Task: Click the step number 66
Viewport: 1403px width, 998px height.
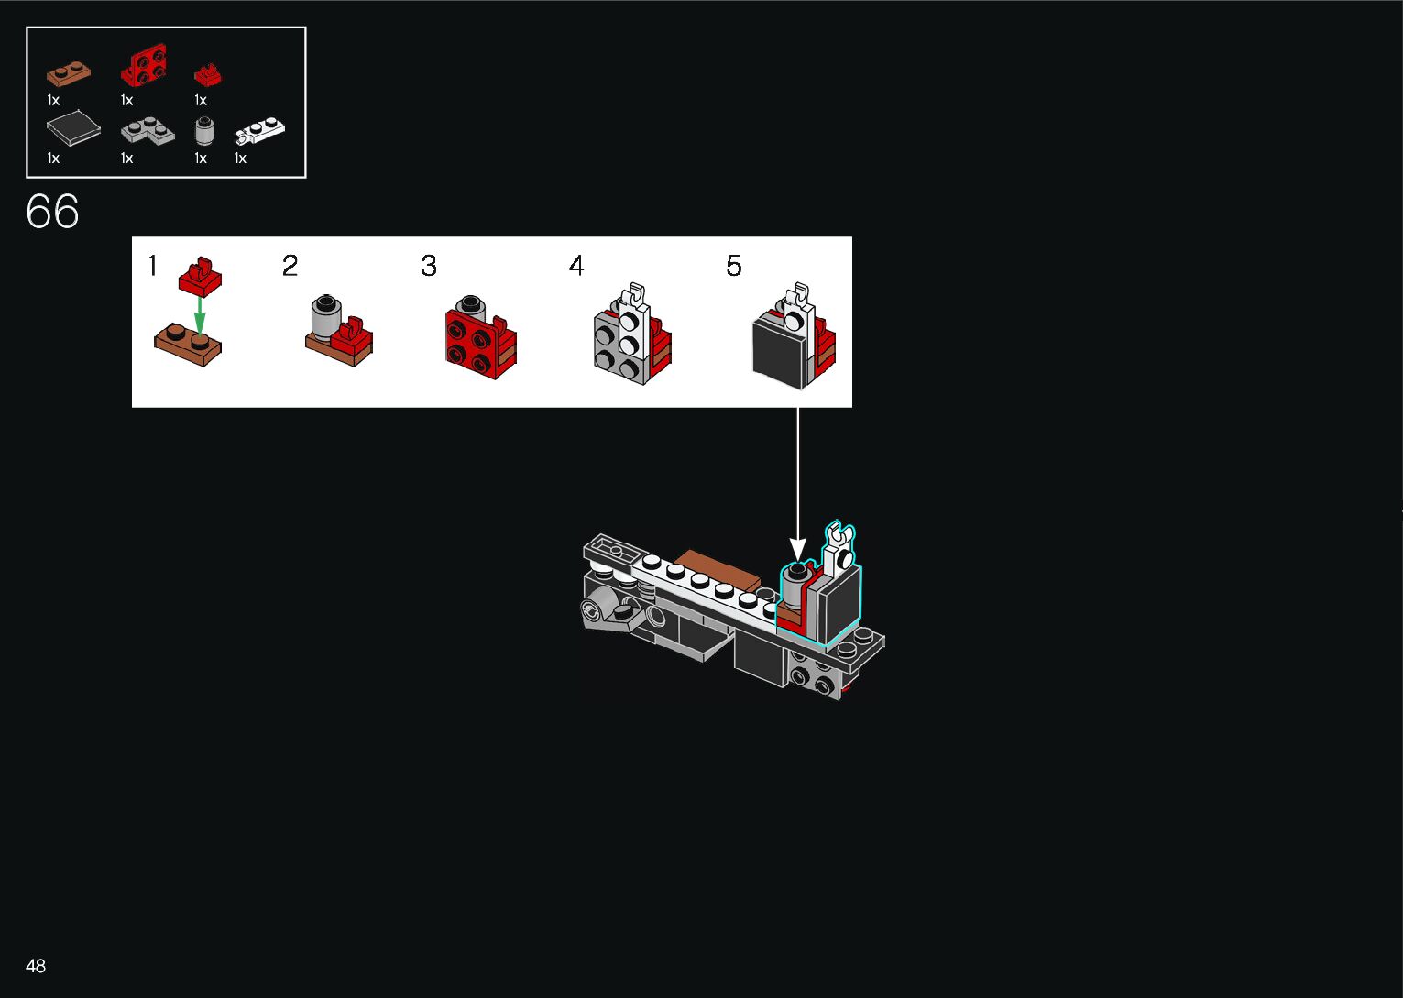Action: click(x=53, y=212)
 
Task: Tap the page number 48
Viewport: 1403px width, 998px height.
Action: click(x=36, y=966)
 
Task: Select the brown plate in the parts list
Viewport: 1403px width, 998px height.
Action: click(x=69, y=73)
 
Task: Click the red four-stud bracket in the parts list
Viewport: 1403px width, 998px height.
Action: click(x=144, y=66)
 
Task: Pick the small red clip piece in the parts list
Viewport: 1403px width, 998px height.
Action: click(x=208, y=74)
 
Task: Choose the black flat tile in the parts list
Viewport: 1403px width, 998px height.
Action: click(x=73, y=128)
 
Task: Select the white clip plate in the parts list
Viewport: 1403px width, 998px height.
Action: click(x=260, y=132)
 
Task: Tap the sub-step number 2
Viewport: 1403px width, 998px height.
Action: click(x=290, y=266)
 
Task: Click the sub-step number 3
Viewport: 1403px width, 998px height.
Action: click(x=429, y=266)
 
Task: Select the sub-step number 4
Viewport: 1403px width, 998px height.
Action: click(x=575, y=266)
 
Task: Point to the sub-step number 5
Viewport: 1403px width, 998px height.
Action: click(x=734, y=266)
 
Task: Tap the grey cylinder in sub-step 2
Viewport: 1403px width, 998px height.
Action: click(x=325, y=318)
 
